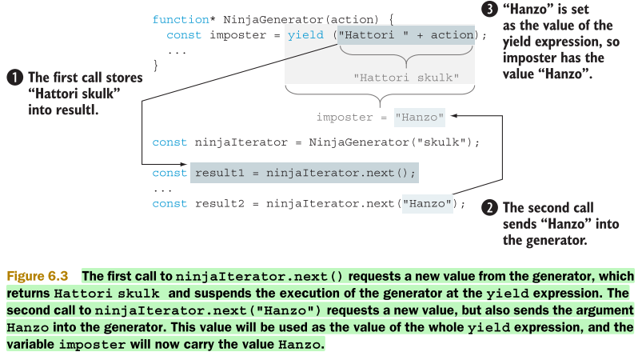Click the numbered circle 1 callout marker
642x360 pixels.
tap(14, 78)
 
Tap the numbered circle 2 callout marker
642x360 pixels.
tap(488, 208)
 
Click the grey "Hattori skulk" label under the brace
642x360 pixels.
tap(405, 78)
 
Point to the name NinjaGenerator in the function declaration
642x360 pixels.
tap(249, 18)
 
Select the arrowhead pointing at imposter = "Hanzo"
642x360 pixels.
tap(454, 117)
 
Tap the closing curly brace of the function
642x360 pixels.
tap(156, 66)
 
